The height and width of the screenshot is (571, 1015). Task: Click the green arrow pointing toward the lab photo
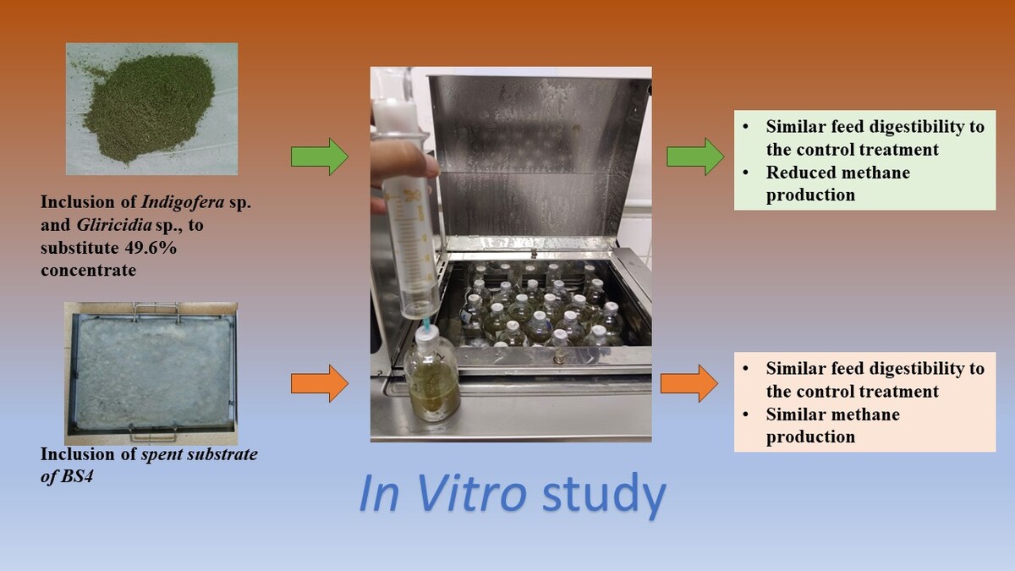click(320, 156)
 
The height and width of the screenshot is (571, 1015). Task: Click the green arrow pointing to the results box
click(695, 156)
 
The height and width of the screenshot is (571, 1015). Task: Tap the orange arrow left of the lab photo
click(320, 383)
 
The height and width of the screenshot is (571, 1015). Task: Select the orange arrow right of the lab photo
click(689, 383)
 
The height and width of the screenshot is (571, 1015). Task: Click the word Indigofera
click(183, 202)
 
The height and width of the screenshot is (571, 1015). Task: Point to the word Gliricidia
click(113, 225)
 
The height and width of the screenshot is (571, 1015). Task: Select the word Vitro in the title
click(471, 492)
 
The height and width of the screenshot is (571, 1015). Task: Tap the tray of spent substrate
click(151, 374)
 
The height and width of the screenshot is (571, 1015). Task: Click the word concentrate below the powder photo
click(88, 271)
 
